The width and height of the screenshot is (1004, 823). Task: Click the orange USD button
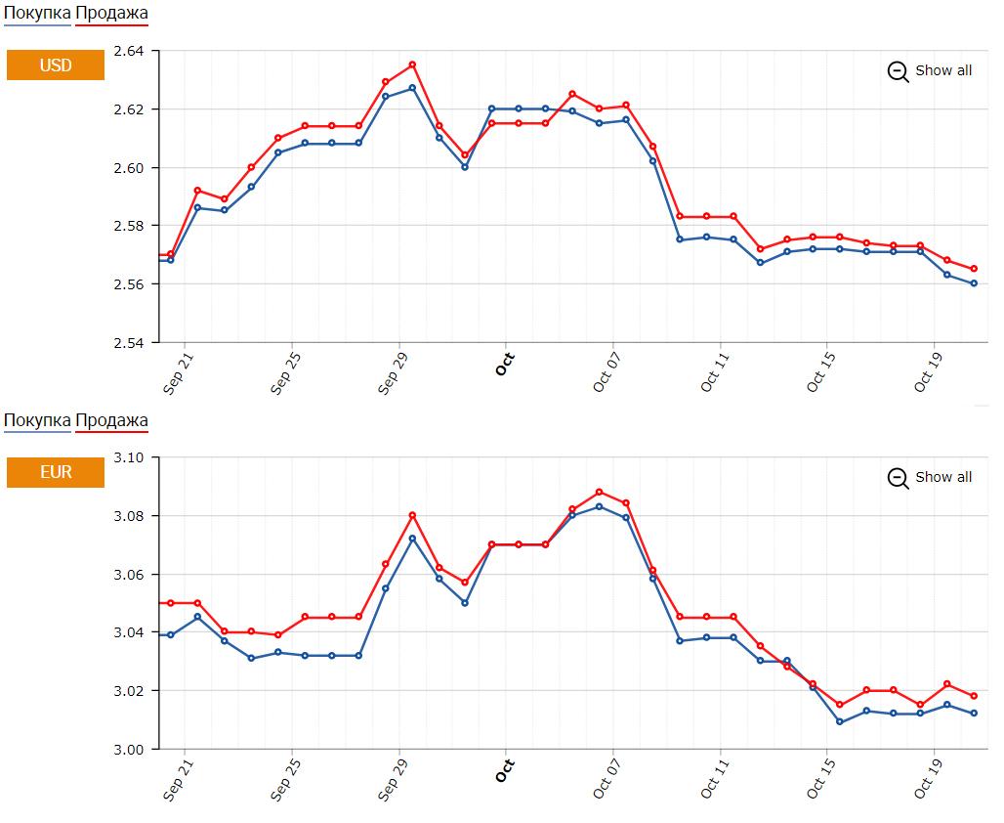56,65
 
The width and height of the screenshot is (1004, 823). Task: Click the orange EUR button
56,472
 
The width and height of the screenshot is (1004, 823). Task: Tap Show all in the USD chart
930,70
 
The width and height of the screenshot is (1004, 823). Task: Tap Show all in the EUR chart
930,477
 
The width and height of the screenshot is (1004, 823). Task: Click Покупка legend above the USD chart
37,13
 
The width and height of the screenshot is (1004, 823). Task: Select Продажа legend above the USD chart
112,13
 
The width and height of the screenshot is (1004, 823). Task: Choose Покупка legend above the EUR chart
37,420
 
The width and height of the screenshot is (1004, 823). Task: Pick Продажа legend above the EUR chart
112,420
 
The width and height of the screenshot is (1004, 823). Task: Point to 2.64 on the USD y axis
129,51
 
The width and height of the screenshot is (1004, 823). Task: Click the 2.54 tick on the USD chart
129,343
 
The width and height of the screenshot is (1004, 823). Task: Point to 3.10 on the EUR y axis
129,457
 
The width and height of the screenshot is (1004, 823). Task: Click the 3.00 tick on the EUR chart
129,750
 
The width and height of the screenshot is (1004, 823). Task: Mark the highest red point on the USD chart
412,65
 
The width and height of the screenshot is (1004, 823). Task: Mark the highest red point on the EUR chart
600,492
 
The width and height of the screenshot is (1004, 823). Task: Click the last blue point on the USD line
974,283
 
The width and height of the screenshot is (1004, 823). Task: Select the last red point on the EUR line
974,696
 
